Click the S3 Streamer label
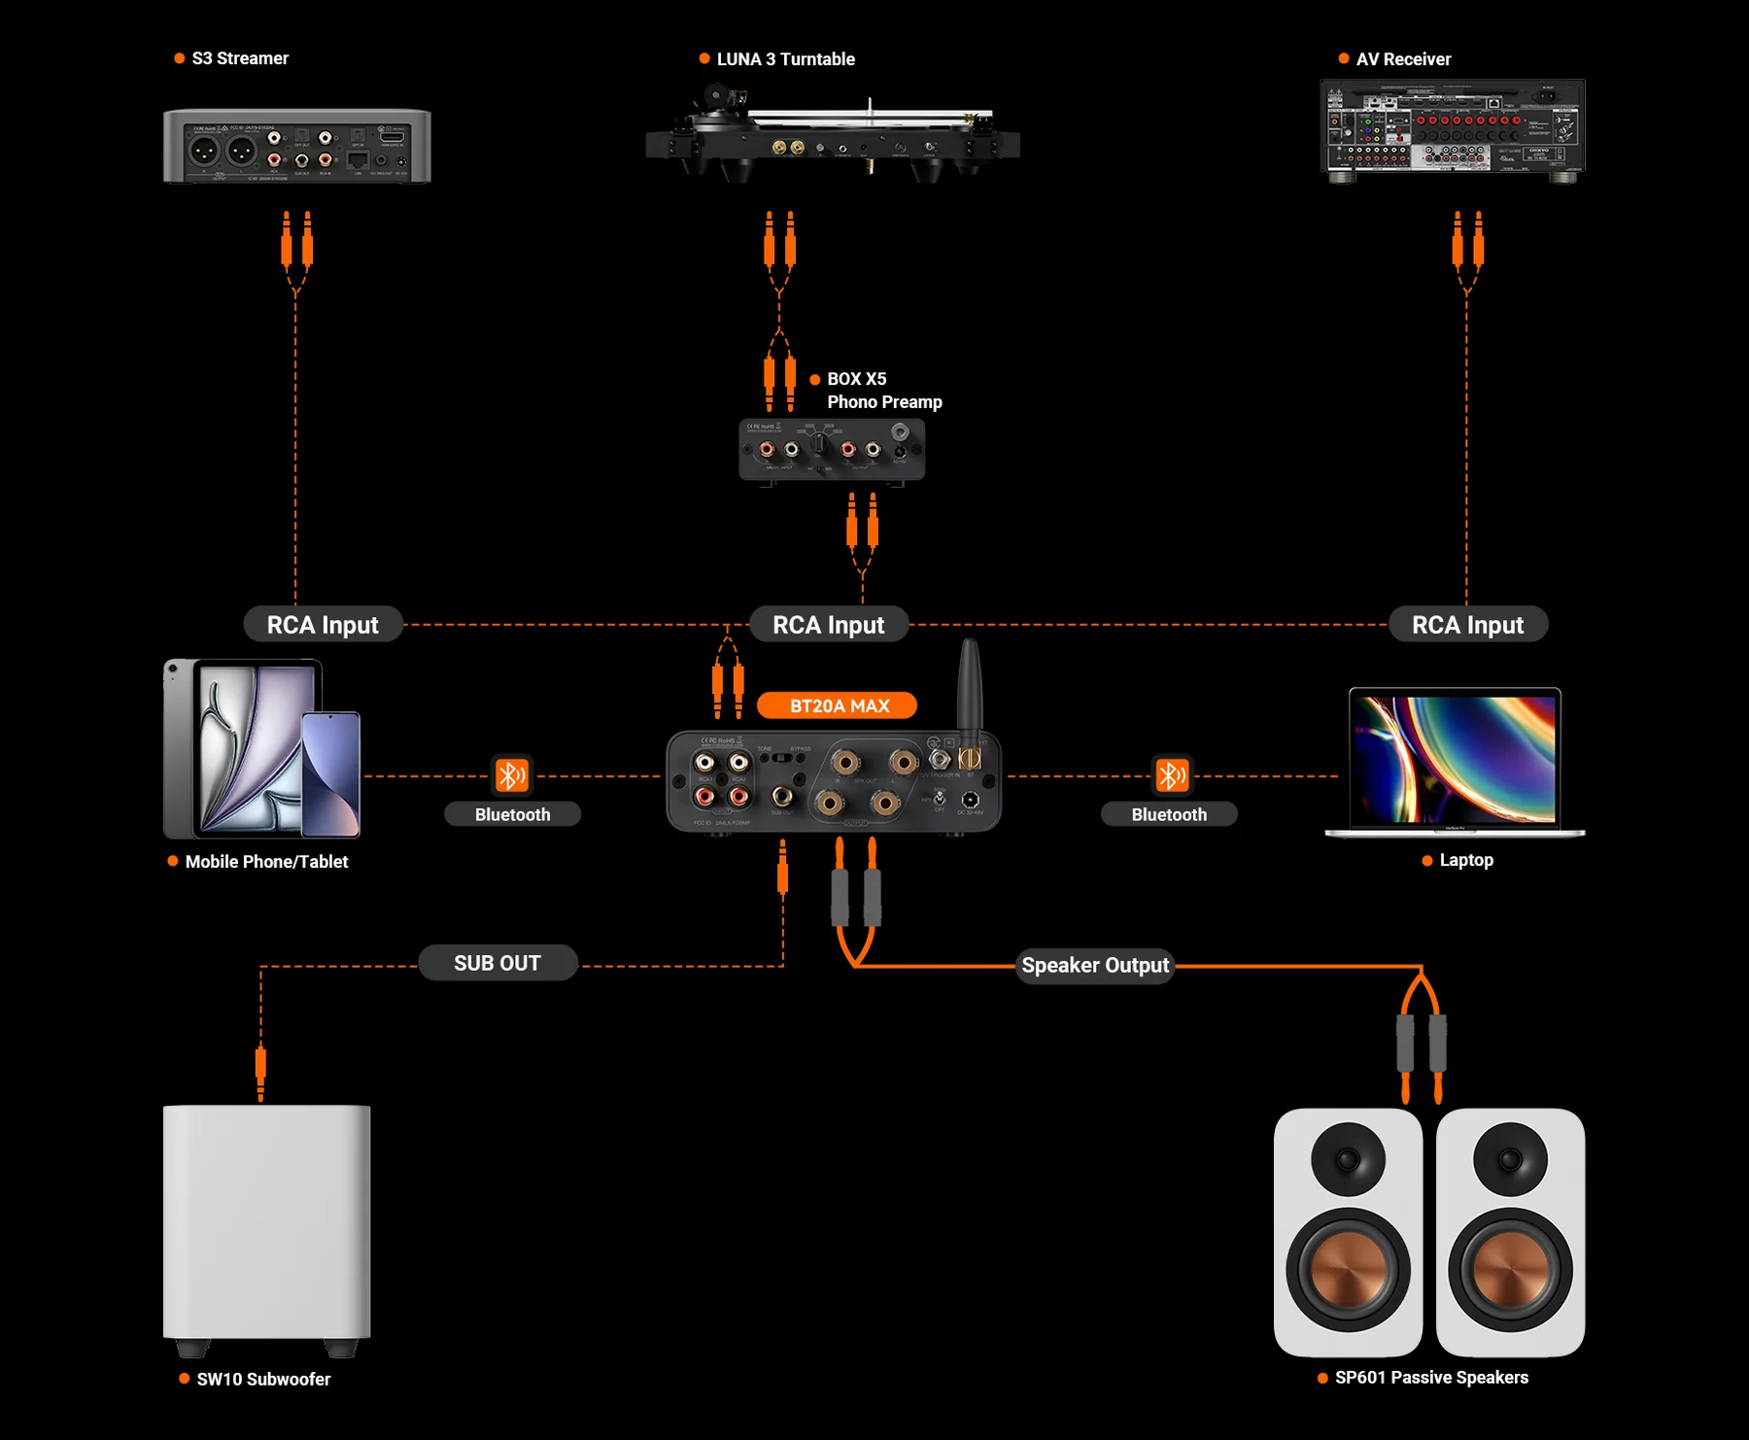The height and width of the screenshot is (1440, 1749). [239, 58]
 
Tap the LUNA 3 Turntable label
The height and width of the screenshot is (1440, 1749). [785, 59]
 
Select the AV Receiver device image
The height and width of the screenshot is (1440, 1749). [1452, 129]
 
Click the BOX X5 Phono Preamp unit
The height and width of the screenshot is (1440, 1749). [832, 450]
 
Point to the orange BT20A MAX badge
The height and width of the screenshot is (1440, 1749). [838, 705]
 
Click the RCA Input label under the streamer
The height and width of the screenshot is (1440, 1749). [323, 625]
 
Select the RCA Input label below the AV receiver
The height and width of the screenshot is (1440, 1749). [1467, 625]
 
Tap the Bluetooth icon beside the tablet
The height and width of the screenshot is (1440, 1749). [512, 775]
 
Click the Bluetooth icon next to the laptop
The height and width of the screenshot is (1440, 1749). [1171, 775]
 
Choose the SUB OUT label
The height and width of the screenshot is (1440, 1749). [497, 963]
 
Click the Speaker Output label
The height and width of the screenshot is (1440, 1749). [1095, 965]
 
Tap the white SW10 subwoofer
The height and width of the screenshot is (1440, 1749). [267, 1222]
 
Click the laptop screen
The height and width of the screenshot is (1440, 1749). [1455, 758]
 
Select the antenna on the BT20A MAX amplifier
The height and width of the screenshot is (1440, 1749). [970, 685]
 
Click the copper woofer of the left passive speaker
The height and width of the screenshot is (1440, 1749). [1348, 1269]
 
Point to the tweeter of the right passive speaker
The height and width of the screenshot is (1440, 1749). [1510, 1158]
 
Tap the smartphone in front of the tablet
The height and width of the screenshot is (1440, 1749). [330, 773]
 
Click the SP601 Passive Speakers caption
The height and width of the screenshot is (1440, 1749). [1430, 1377]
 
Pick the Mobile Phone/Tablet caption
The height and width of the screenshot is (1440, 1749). [266, 862]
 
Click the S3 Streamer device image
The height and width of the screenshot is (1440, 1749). [296, 146]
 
